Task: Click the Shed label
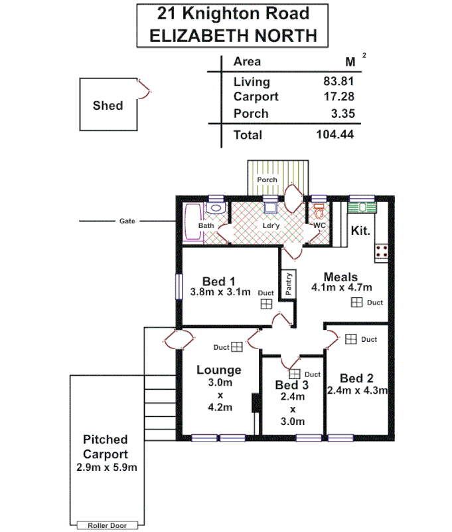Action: coord(108,105)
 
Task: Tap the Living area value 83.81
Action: coord(336,82)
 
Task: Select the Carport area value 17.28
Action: coord(336,97)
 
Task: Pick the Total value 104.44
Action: coord(335,135)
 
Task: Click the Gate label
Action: coord(127,221)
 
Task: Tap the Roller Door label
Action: coord(106,525)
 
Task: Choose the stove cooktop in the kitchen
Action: coord(382,251)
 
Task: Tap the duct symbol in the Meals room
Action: coord(356,303)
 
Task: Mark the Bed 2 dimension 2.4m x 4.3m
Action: coord(357,391)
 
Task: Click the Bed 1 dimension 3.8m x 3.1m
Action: coord(220,292)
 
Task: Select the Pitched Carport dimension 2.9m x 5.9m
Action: coord(106,467)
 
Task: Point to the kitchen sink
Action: coord(362,207)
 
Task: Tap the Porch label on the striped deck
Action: coord(267,180)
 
